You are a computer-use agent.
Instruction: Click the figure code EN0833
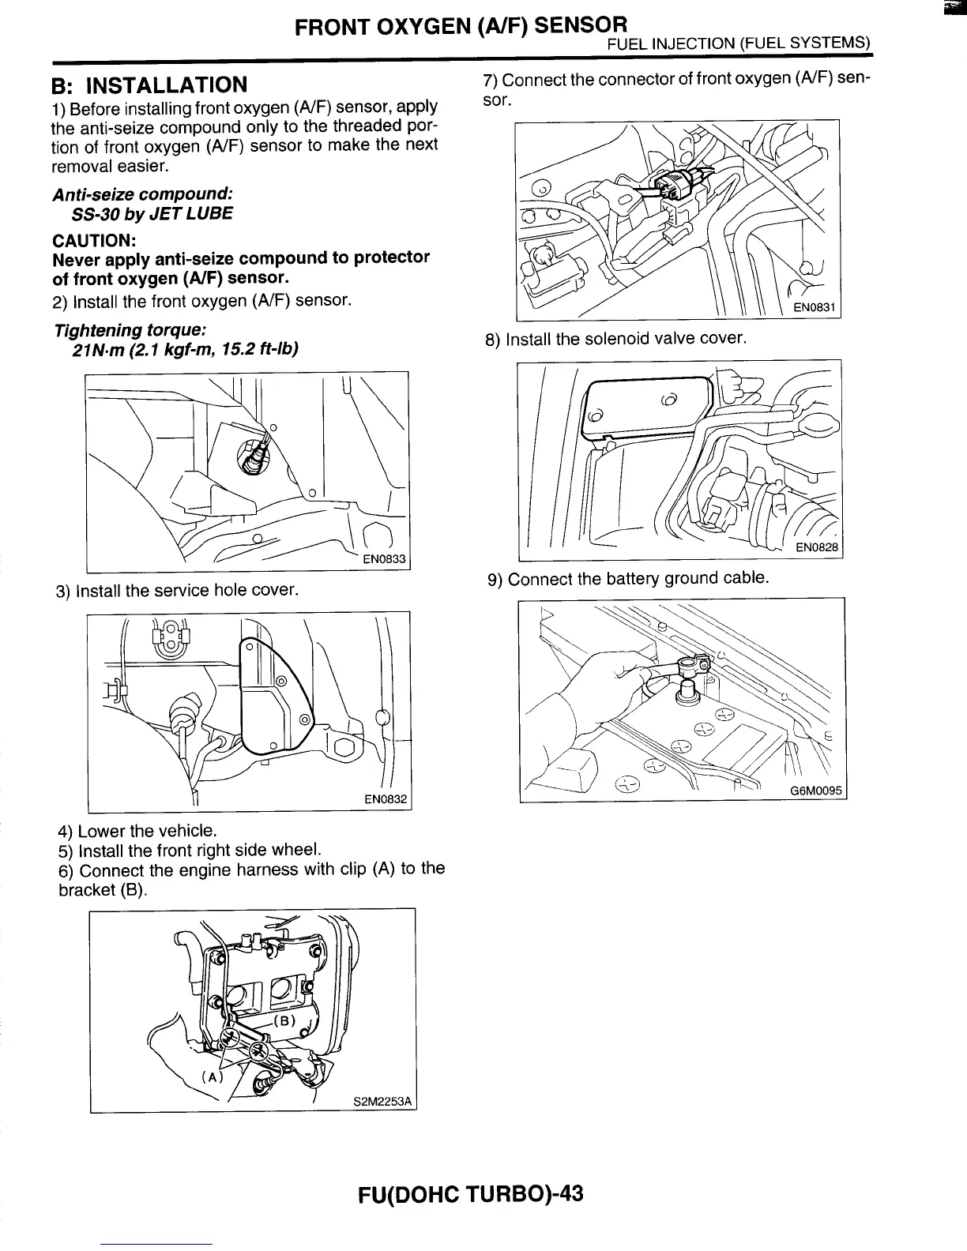383,560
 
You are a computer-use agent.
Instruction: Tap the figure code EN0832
385,800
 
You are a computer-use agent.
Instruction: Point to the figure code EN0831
815,309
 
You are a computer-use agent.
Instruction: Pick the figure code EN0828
816,548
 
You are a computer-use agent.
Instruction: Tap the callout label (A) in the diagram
213,1076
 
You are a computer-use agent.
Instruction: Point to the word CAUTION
92,239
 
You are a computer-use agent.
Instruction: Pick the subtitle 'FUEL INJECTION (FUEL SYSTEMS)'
738,43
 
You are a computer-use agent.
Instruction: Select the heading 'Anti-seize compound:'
142,194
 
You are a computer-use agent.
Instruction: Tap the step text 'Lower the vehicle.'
147,831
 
